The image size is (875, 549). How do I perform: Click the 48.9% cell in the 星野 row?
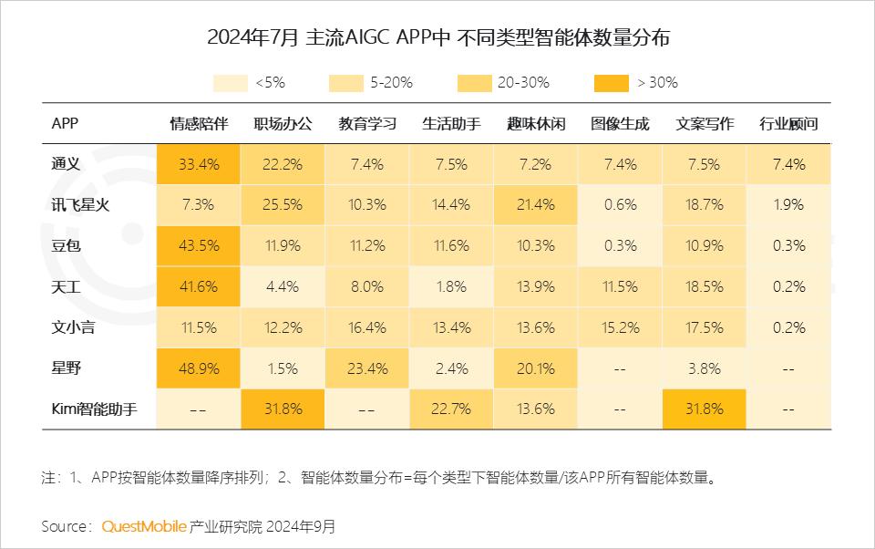[198, 368]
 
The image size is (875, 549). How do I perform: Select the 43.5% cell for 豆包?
[198, 245]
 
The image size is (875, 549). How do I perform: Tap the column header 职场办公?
[283, 123]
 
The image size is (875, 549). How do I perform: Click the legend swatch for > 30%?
[612, 83]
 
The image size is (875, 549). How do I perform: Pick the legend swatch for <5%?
[231, 83]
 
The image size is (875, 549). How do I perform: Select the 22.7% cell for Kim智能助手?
[451, 409]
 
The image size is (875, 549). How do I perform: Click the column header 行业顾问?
[788, 123]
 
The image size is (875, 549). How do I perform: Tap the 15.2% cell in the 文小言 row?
[620, 327]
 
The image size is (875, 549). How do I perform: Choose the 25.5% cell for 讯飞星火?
[283, 205]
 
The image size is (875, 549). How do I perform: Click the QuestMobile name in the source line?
[144, 526]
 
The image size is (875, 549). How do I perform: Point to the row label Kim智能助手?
[95, 409]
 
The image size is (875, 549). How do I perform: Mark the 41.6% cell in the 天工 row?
[198, 286]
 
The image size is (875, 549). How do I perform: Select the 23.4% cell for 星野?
[367, 368]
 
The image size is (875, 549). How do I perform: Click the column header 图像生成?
[620, 123]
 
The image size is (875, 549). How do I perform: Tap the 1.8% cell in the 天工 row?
[451, 286]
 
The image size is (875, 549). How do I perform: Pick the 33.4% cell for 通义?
[198, 164]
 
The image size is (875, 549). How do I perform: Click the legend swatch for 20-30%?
[475, 83]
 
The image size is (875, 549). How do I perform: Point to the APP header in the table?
[65, 123]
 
